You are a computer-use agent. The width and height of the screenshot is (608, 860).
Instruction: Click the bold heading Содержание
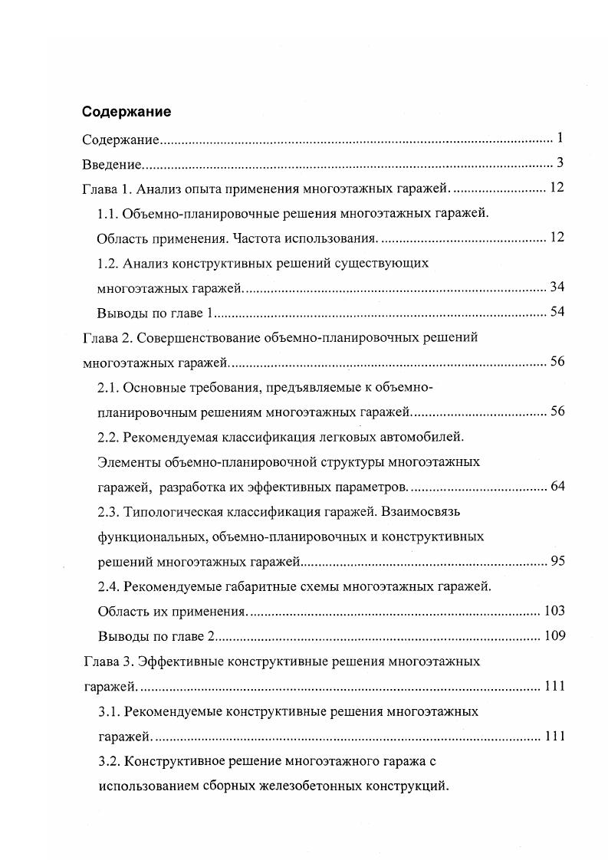pyautogui.click(x=127, y=112)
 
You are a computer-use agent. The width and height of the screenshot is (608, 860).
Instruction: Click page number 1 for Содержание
pyautogui.click(x=560, y=139)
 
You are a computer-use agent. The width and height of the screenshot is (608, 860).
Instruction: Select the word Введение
pyautogui.click(x=113, y=163)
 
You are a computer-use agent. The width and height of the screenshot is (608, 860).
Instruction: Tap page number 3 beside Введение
pyautogui.click(x=560, y=163)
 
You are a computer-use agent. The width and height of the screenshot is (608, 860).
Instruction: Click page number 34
pyautogui.click(x=557, y=287)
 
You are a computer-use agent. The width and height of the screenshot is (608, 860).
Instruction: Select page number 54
pyautogui.click(x=557, y=312)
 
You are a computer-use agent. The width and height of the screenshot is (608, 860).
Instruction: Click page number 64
pyautogui.click(x=557, y=486)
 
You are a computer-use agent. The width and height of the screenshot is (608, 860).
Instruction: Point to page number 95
pyautogui.click(x=557, y=561)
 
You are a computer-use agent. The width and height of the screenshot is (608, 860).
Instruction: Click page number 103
pyautogui.click(x=554, y=611)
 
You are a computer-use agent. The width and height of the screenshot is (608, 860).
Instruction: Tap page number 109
pyautogui.click(x=554, y=635)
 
